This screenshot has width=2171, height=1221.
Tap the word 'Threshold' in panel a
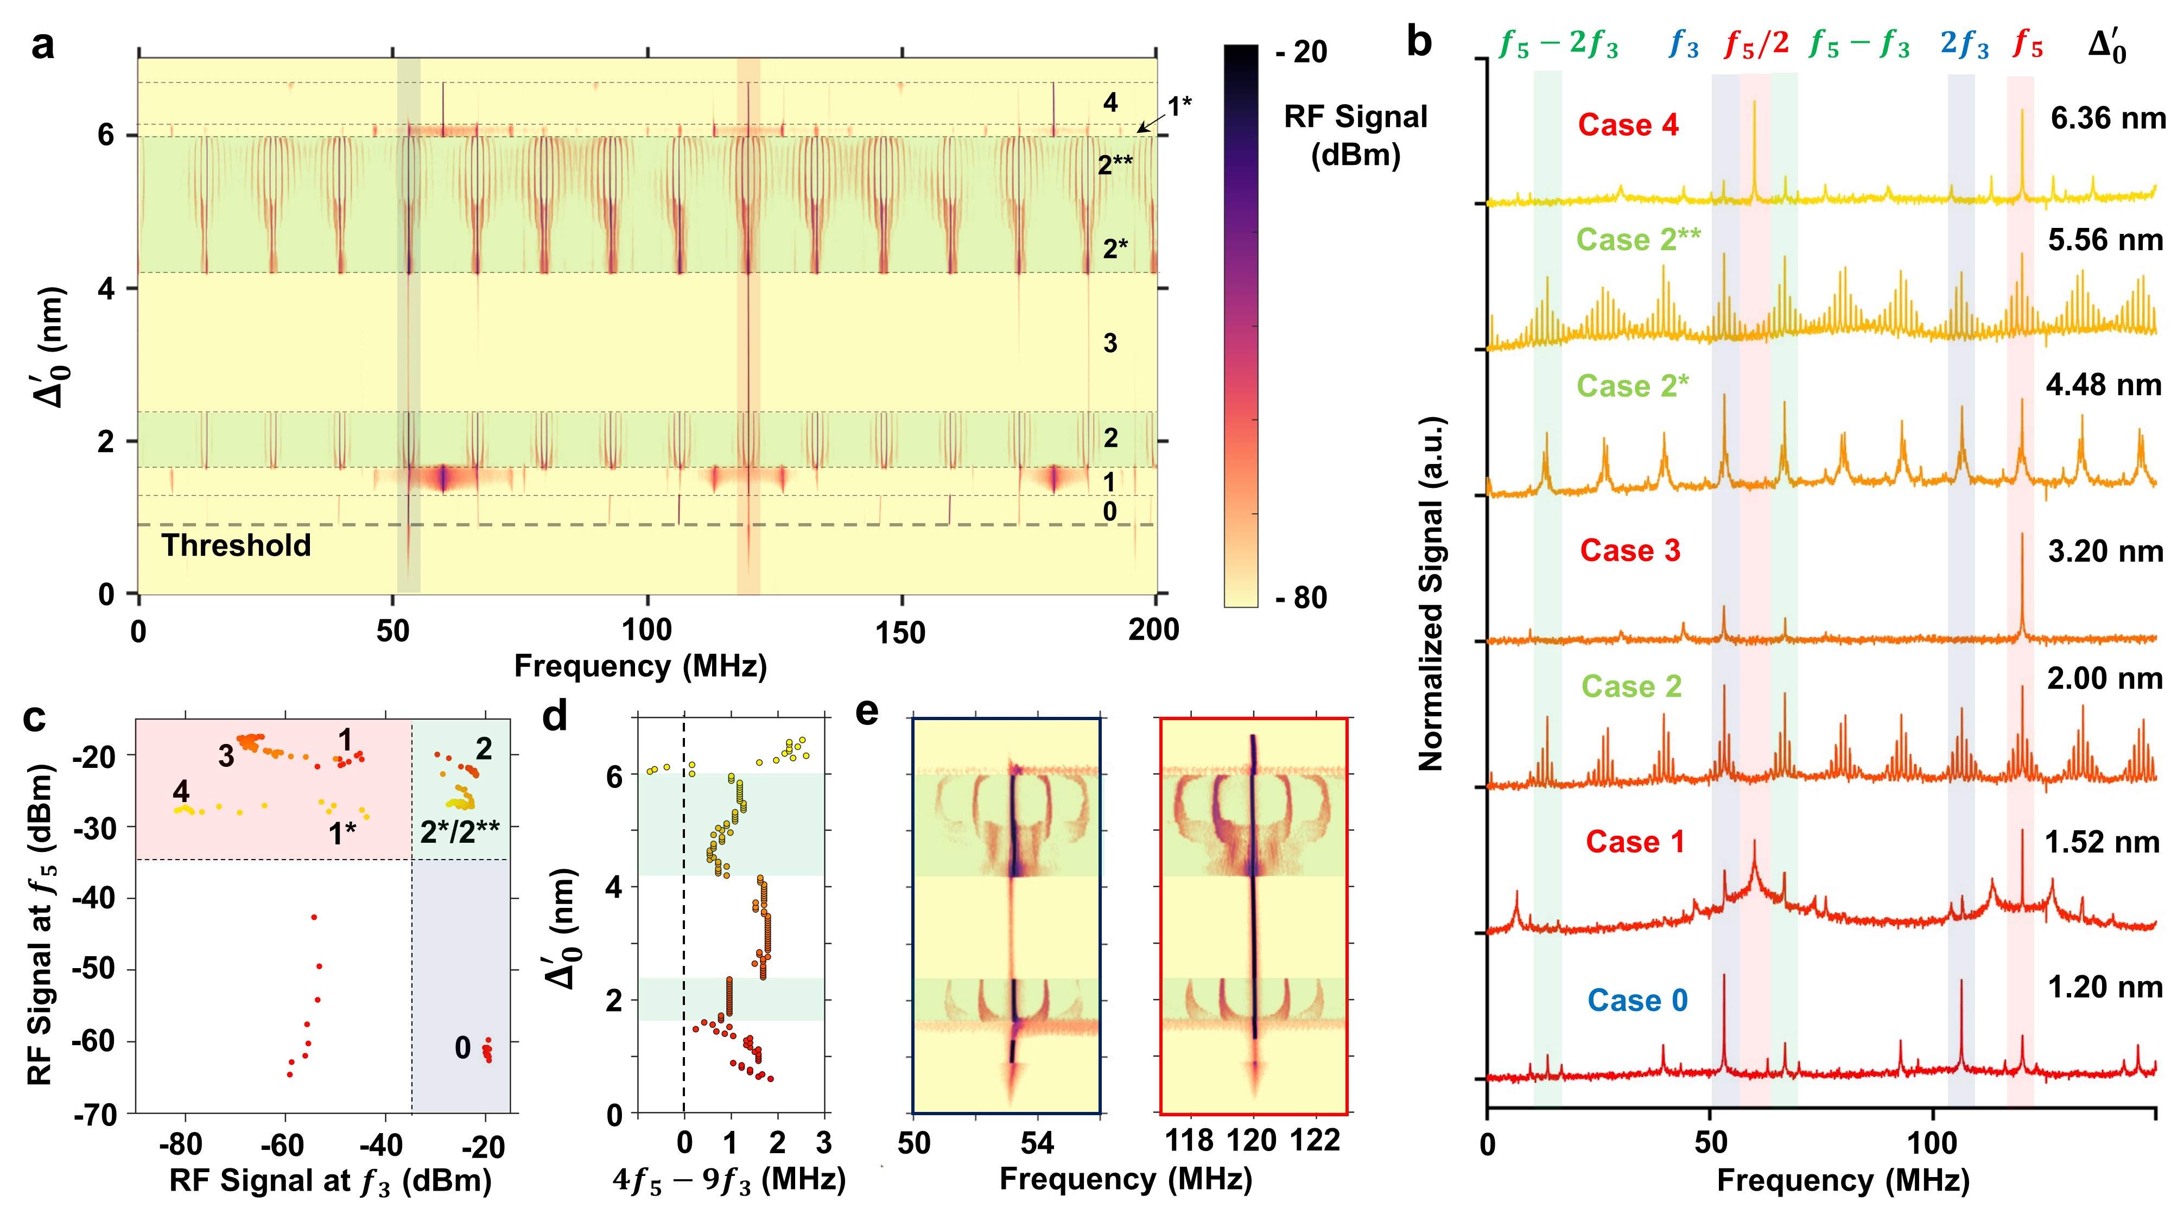236,546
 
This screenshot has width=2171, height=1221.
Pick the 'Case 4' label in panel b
1628,125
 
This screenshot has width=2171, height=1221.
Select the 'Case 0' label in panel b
1637,1000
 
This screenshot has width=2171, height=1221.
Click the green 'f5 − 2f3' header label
1559,44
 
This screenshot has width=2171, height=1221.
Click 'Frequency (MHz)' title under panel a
640,666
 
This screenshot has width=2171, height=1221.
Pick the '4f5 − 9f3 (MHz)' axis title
729,1180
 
